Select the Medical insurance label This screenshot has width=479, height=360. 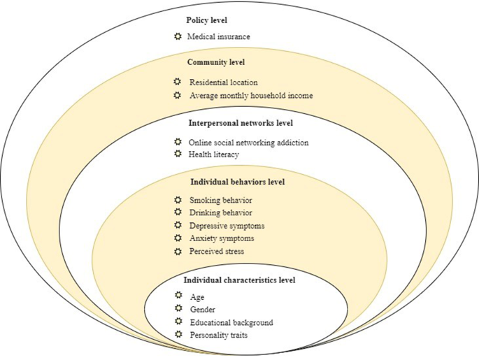coord(218,36)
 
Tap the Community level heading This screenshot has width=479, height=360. coord(216,62)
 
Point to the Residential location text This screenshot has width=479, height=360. coord(223,82)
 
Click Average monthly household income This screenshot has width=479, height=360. coord(250,95)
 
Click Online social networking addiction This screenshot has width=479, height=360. coord(248,143)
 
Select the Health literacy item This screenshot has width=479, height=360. coord(214,154)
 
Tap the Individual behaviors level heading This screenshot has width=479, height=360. coord(237,182)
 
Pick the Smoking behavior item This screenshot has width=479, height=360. coord(220,201)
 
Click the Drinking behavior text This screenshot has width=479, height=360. coord(220,213)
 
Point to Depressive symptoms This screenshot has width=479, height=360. coord(227,225)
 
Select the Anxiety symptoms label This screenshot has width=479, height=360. coord(222,238)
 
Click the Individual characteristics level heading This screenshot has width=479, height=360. coord(239,280)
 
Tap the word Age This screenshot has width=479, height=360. coord(197,297)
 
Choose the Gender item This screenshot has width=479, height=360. coord(203,310)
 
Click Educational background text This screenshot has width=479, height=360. coord(231,322)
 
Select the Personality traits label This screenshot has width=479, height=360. coord(218,335)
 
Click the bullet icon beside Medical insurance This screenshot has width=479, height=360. coord(178,36)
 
